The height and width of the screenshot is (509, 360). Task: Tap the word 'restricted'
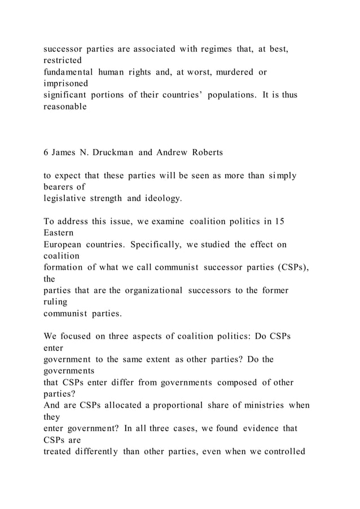coord(63,60)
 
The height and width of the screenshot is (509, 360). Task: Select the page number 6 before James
coord(46,153)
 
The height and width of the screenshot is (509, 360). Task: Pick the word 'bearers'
coord(59,186)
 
